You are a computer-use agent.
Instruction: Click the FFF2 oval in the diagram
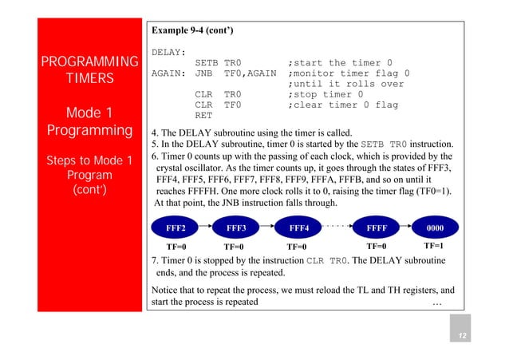[x=176, y=227]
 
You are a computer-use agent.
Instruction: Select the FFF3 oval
[x=237, y=227]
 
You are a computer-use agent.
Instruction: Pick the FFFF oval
[x=377, y=227]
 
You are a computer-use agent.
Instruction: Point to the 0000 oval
[x=434, y=227]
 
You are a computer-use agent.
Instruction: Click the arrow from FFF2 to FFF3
[x=207, y=227]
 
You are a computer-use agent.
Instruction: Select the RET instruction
[x=203, y=115]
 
